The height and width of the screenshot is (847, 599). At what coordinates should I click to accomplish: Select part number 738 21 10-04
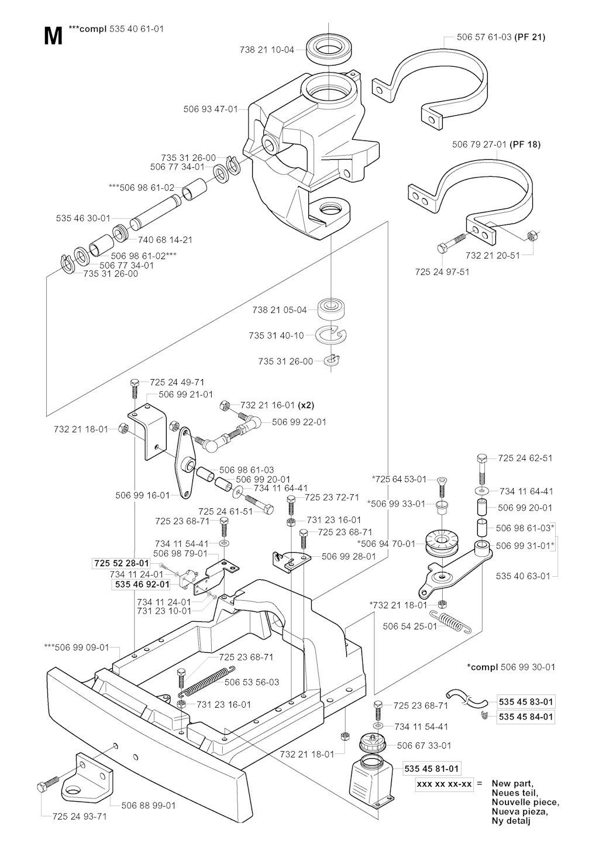click(x=267, y=50)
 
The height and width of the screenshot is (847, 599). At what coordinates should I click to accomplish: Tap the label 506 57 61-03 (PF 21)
click(x=501, y=37)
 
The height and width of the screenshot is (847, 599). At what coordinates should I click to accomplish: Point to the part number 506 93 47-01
click(x=211, y=109)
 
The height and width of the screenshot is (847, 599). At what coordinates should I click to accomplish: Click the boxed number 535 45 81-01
click(x=432, y=768)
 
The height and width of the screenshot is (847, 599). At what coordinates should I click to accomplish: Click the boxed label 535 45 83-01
click(x=526, y=701)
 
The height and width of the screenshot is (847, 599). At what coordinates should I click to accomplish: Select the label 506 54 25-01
click(x=410, y=626)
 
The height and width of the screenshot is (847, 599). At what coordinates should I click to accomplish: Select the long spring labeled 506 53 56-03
click(x=208, y=681)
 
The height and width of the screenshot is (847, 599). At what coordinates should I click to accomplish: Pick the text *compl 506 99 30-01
click(x=511, y=667)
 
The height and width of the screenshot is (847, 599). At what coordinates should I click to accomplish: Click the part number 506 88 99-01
click(x=149, y=805)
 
